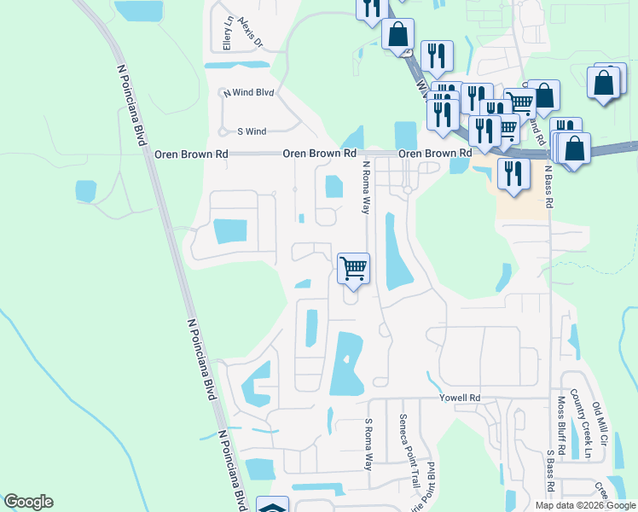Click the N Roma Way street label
pos(367,187)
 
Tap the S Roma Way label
pos(369,445)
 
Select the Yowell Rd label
pos(460,398)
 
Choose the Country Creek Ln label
pos(587,424)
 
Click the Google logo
pos(28,502)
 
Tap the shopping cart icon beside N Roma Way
pos(353,268)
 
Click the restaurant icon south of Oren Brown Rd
pos(512,173)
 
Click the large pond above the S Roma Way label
pos(346,364)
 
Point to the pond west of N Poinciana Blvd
pos(85,191)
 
